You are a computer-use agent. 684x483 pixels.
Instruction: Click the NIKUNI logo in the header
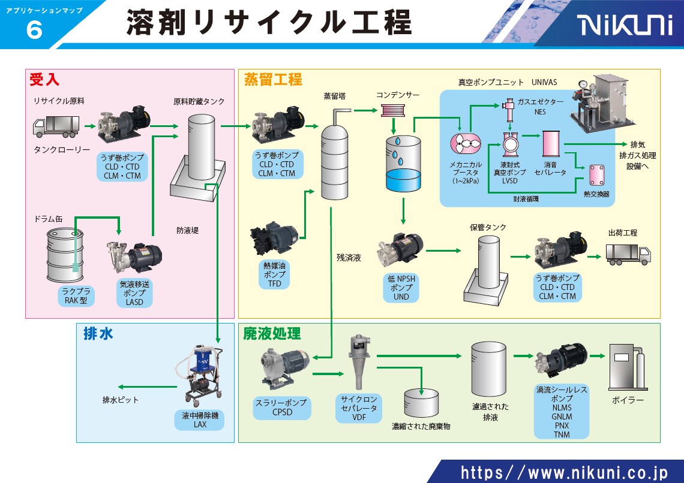(625, 26)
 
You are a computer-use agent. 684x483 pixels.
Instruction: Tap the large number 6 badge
(35, 31)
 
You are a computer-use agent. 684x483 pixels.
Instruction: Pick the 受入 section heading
(44, 79)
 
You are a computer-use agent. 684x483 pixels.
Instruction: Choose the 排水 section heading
(98, 334)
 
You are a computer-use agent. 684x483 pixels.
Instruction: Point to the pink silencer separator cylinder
(551, 144)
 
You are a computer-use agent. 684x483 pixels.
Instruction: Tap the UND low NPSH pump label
(401, 288)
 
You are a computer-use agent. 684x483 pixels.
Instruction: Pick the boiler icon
(626, 367)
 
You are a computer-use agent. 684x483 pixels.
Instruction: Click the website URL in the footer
(563, 472)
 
